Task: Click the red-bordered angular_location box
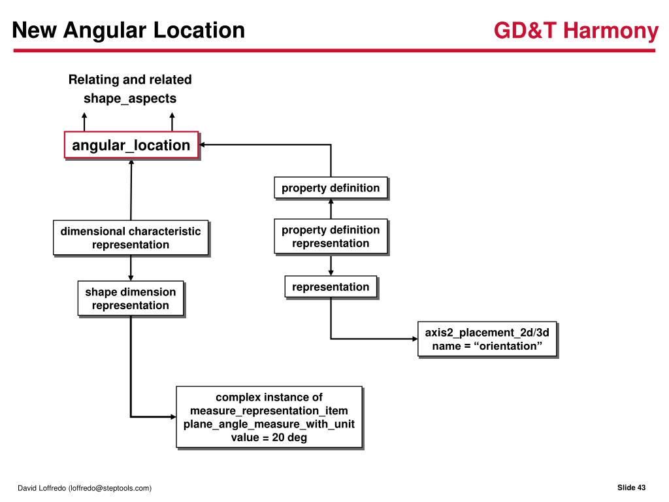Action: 131,145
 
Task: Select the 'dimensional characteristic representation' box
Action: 131,238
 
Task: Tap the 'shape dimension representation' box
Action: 131,299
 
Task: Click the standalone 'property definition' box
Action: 331,188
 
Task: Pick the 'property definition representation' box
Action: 331,237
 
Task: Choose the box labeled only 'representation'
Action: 331,287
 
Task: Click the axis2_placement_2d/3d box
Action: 487,339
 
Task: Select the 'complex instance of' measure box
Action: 269,417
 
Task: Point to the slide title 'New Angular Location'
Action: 129,30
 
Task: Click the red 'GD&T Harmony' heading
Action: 576,31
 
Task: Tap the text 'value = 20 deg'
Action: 269,438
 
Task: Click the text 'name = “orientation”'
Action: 487,346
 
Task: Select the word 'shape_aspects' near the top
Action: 130,99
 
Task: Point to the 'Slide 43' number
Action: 631,488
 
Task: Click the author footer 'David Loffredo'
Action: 84,488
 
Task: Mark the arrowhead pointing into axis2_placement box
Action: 414,339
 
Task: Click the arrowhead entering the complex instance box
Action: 172,416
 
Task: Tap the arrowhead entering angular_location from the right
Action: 203,144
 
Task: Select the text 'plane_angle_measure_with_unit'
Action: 269,424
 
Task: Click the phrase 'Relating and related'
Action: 130,80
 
